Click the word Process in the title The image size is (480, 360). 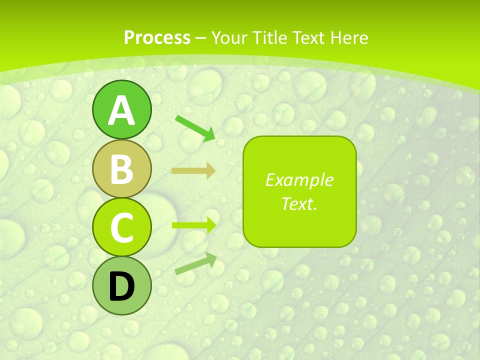(x=157, y=37)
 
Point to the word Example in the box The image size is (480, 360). (x=299, y=180)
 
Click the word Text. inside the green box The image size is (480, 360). (x=299, y=203)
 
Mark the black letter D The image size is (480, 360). (x=121, y=287)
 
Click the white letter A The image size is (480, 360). (x=121, y=110)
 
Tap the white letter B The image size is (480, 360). (x=121, y=169)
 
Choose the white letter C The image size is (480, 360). (x=121, y=228)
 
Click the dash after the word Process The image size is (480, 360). (x=201, y=38)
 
